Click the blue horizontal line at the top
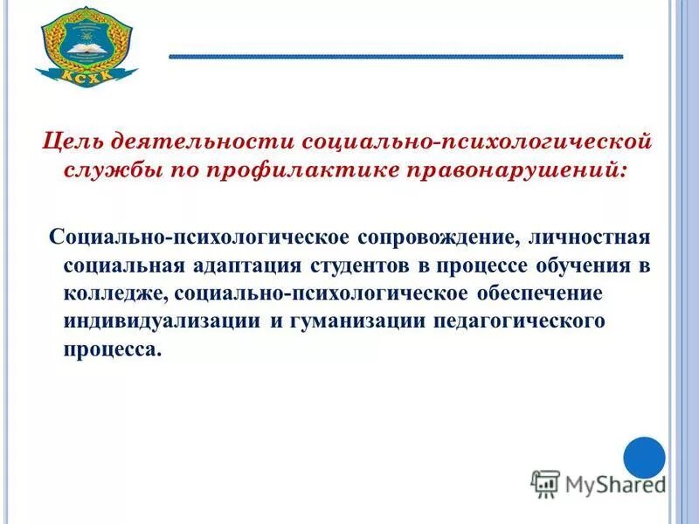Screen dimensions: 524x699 pyautogui.click(x=395, y=57)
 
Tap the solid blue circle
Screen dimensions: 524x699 pyautogui.click(x=645, y=458)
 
